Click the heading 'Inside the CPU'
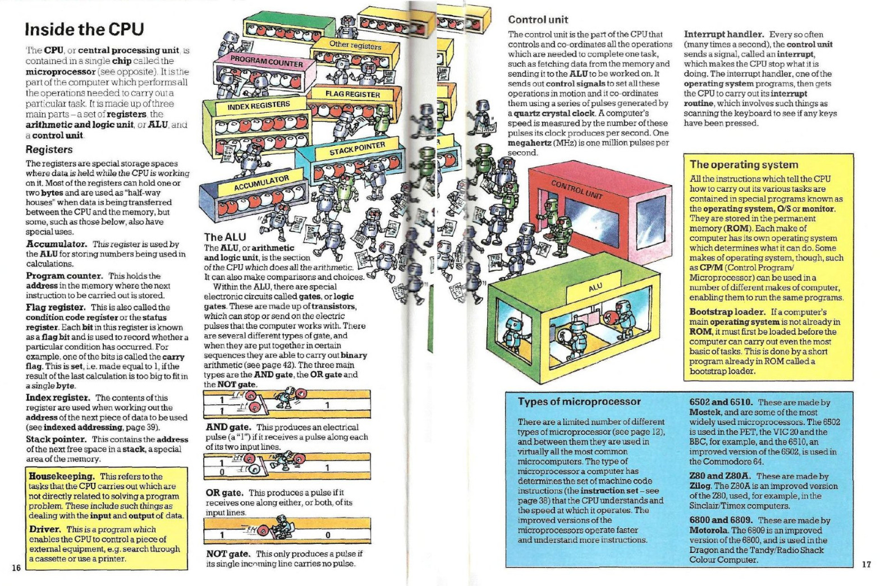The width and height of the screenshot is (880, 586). click(85, 29)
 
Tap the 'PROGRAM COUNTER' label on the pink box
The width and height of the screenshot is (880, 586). click(267, 60)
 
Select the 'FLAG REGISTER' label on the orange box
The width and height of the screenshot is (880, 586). click(353, 94)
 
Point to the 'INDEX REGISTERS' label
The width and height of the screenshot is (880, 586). click(259, 105)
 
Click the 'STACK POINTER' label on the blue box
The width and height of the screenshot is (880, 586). click(357, 149)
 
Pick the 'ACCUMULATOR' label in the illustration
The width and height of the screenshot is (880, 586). click(261, 183)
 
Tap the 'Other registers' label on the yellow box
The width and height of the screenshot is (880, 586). click(355, 45)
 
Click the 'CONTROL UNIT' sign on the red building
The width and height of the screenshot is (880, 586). click(576, 190)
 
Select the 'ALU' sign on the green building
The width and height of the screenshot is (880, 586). click(595, 287)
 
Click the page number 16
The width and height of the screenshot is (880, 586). click(16, 568)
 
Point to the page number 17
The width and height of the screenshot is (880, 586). click(866, 564)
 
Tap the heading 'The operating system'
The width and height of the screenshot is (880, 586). click(744, 164)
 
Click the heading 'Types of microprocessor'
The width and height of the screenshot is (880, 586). click(579, 402)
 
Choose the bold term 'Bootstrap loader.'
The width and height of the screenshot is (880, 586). click(727, 312)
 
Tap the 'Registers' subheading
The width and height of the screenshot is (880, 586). click(49, 150)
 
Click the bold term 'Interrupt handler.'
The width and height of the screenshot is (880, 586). click(723, 34)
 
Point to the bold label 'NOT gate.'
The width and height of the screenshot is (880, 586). click(228, 553)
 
